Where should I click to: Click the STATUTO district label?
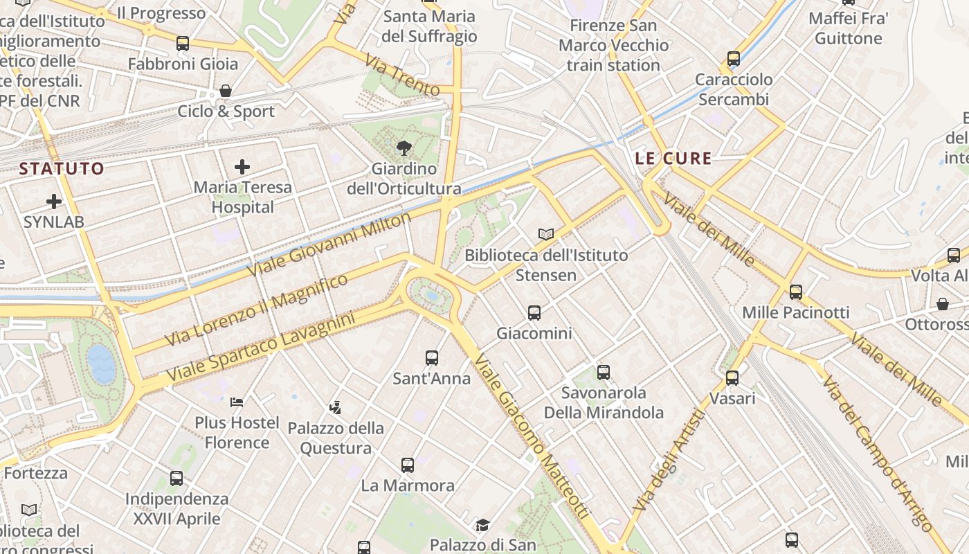(62, 168)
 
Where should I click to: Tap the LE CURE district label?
(673, 159)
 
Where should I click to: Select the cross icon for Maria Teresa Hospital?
(242, 167)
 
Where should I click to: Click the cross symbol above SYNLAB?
(54, 202)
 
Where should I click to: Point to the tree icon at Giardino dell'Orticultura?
(404, 148)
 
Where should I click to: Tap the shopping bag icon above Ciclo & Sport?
(225, 91)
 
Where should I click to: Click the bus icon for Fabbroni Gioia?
(183, 44)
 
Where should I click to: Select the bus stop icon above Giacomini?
(534, 313)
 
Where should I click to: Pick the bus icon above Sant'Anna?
(432, 358)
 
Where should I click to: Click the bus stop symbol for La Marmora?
(408, 465)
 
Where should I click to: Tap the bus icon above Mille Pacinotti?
(796, 292)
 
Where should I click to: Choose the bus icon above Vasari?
(732, 378)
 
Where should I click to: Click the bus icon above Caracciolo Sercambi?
(734, 59)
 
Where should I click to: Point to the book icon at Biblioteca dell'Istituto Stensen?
(546, 234)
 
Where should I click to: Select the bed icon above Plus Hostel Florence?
(237, 402)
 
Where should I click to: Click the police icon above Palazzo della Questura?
(336, 407)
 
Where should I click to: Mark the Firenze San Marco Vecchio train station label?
(613, 46)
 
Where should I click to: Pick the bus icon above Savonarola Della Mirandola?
(604, 373)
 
